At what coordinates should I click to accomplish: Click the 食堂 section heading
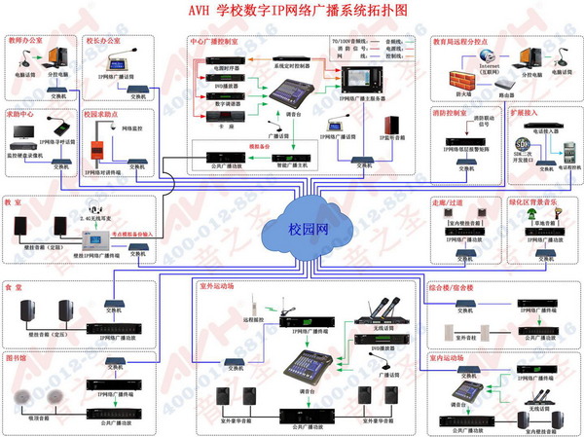tap(15, 288)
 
